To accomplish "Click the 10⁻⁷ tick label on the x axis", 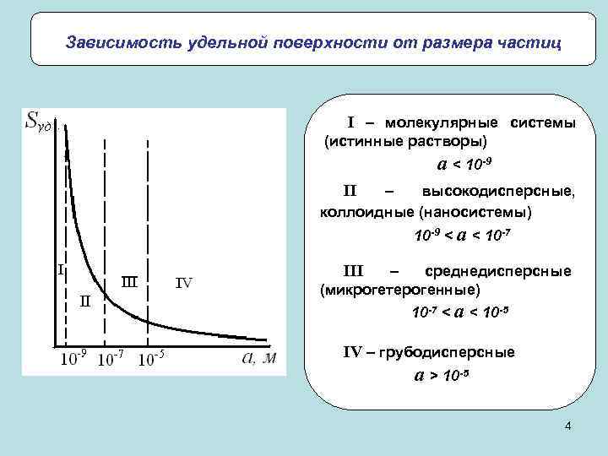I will tap(111, 361).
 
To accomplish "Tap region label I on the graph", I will tap(61, 270).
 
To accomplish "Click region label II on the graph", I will tap(85, 300).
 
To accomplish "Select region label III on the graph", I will tap(129, 280).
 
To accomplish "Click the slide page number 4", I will tap(568, 428).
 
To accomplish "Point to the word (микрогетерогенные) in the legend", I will tap(399, 290).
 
